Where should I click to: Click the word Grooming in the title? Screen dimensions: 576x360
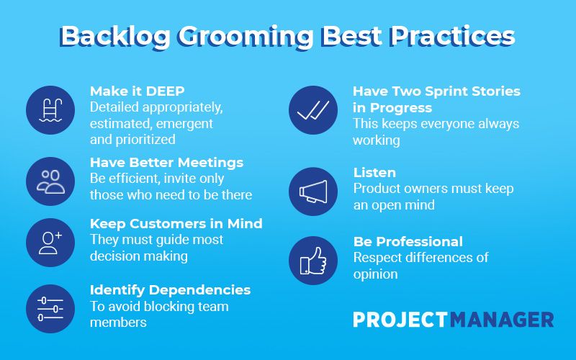tap(246, 37)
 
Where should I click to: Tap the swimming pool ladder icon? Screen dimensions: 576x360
tap(50, 110)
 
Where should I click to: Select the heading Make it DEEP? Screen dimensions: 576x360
tap(137, 91)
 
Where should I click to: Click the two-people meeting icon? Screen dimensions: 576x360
tap(50, 181)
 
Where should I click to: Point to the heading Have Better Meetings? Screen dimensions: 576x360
tap(166, 163)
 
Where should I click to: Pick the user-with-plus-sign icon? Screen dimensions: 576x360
tap(50, 243)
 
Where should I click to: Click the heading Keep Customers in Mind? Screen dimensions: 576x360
tap(176, 223)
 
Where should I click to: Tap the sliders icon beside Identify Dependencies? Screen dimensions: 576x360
tap(50, 309)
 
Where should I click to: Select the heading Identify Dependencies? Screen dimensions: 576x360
tap(170, 290)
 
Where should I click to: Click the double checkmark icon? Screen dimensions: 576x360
tap(313, 110)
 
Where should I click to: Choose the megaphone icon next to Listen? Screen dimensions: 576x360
tap(313, 192)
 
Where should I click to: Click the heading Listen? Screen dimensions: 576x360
tap(374, 172)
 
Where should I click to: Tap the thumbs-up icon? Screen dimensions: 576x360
tap(313, 261)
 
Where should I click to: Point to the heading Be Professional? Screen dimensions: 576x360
tap(408, 241)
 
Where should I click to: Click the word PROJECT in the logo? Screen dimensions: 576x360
tap(400, 320)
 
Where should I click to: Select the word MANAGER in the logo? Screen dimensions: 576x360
tap(502, 320)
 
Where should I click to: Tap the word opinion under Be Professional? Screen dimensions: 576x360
tap(375, 274)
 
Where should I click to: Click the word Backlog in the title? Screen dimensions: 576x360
tap(115, 37)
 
